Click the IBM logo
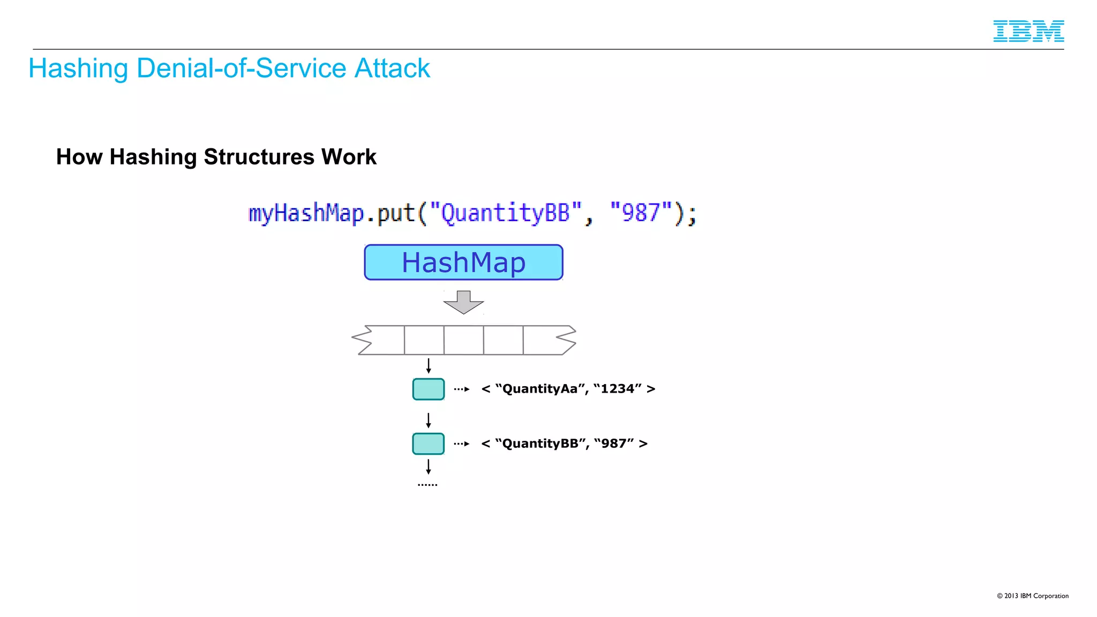coord(1028,31)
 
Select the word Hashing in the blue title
coord(78,69)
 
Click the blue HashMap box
coord(463,262)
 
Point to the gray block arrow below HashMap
coord(463,302)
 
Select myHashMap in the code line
coord(306,214)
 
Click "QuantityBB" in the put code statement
coord(505,213)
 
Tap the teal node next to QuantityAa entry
coord(428,389)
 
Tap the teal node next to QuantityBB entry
coord(428,444)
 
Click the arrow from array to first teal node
coord(429,366)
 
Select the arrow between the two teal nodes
coord(429,420)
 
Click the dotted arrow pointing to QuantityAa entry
coord(462,389)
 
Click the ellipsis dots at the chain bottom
coord(427,485)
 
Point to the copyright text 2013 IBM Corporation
coord(1032,596)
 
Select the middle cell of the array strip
coord(463,340)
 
